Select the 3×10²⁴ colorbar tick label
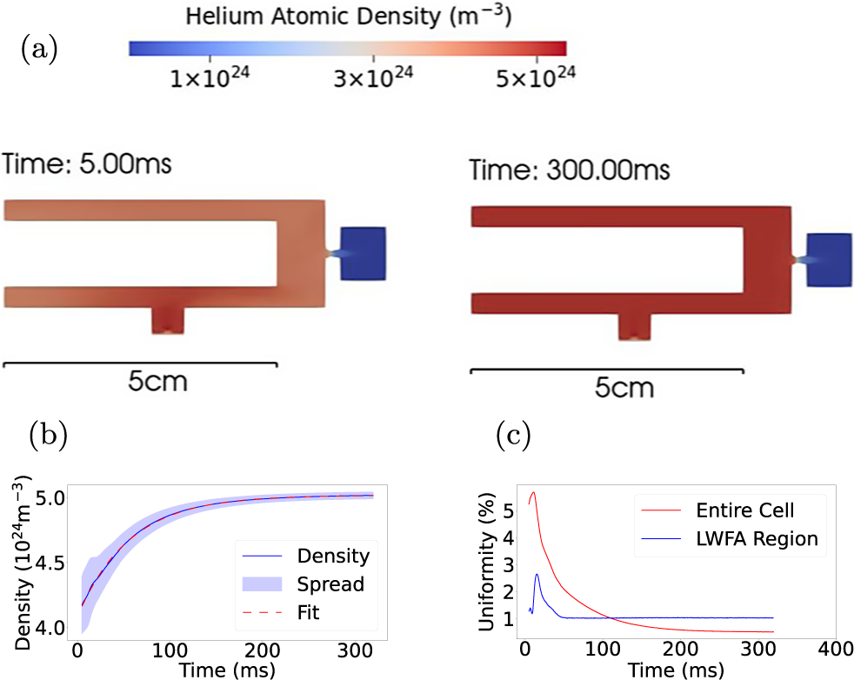coord(373,79)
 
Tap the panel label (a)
coord(39,49)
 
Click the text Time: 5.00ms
coord(88,163)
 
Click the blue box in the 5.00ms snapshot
coord(364,253)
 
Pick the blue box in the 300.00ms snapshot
coord(829,259)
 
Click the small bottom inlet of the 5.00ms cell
coord(168,319)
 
